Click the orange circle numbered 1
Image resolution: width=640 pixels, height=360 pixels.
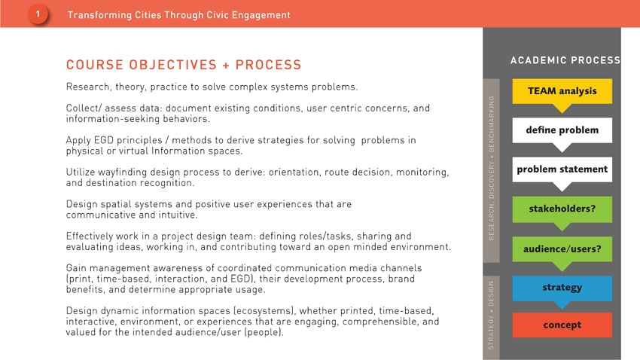pos(38,14)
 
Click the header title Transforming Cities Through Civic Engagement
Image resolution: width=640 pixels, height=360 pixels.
pos(178,15)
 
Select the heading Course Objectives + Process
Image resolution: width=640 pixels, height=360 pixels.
pos(184,65)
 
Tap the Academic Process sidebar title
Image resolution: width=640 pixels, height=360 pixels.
pos(565,60)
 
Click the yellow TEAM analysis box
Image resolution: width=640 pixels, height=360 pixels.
pos(562,91)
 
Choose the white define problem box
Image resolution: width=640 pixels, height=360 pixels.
pos(562,130)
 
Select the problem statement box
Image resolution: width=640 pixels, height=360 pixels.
pos(562,169)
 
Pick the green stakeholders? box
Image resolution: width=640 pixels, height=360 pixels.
pos(562,209)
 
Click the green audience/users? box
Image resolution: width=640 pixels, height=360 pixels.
pos(562,249)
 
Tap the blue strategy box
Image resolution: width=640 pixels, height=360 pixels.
pos(562,288)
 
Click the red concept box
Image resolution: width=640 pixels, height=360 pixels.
pos(562,325)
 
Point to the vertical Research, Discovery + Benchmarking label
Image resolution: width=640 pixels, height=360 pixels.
pos(492,168)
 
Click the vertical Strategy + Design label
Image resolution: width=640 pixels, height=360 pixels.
pos(491,315)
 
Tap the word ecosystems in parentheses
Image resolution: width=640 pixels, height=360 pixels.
pos(264,311)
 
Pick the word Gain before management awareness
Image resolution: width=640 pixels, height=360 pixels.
pos(76,268)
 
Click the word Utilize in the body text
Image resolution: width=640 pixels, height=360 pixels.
pos(81,172)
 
